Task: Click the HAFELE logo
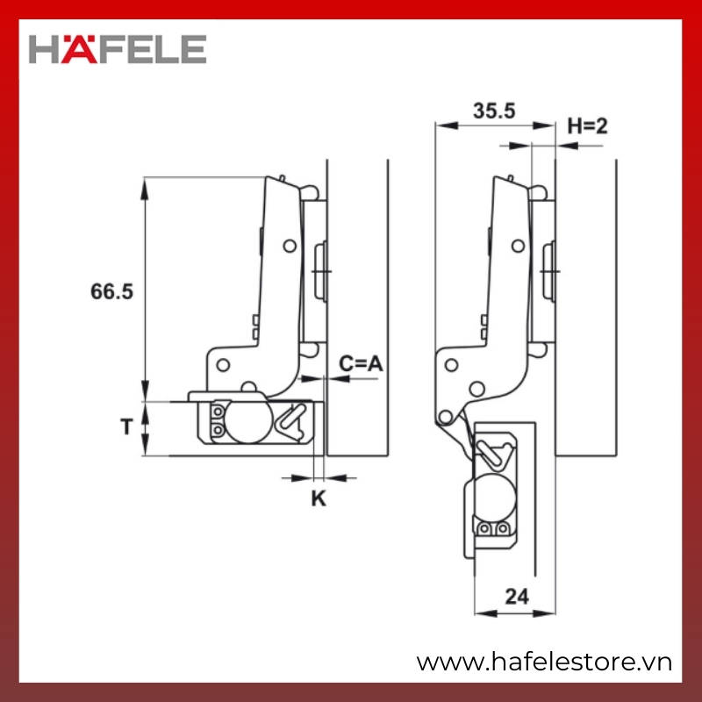tap(118, 49)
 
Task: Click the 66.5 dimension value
tap(112, 291)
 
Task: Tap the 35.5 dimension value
tap(494, 111)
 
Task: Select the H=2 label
tap(587, 125)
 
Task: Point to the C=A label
tap(361, 363)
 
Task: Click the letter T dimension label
tap(126, 426)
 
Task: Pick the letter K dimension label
tap(319, 498)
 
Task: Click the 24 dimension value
tap(517, 597)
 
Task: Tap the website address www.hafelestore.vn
tap(544, 663)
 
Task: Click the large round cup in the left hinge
tap(247, 420)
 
